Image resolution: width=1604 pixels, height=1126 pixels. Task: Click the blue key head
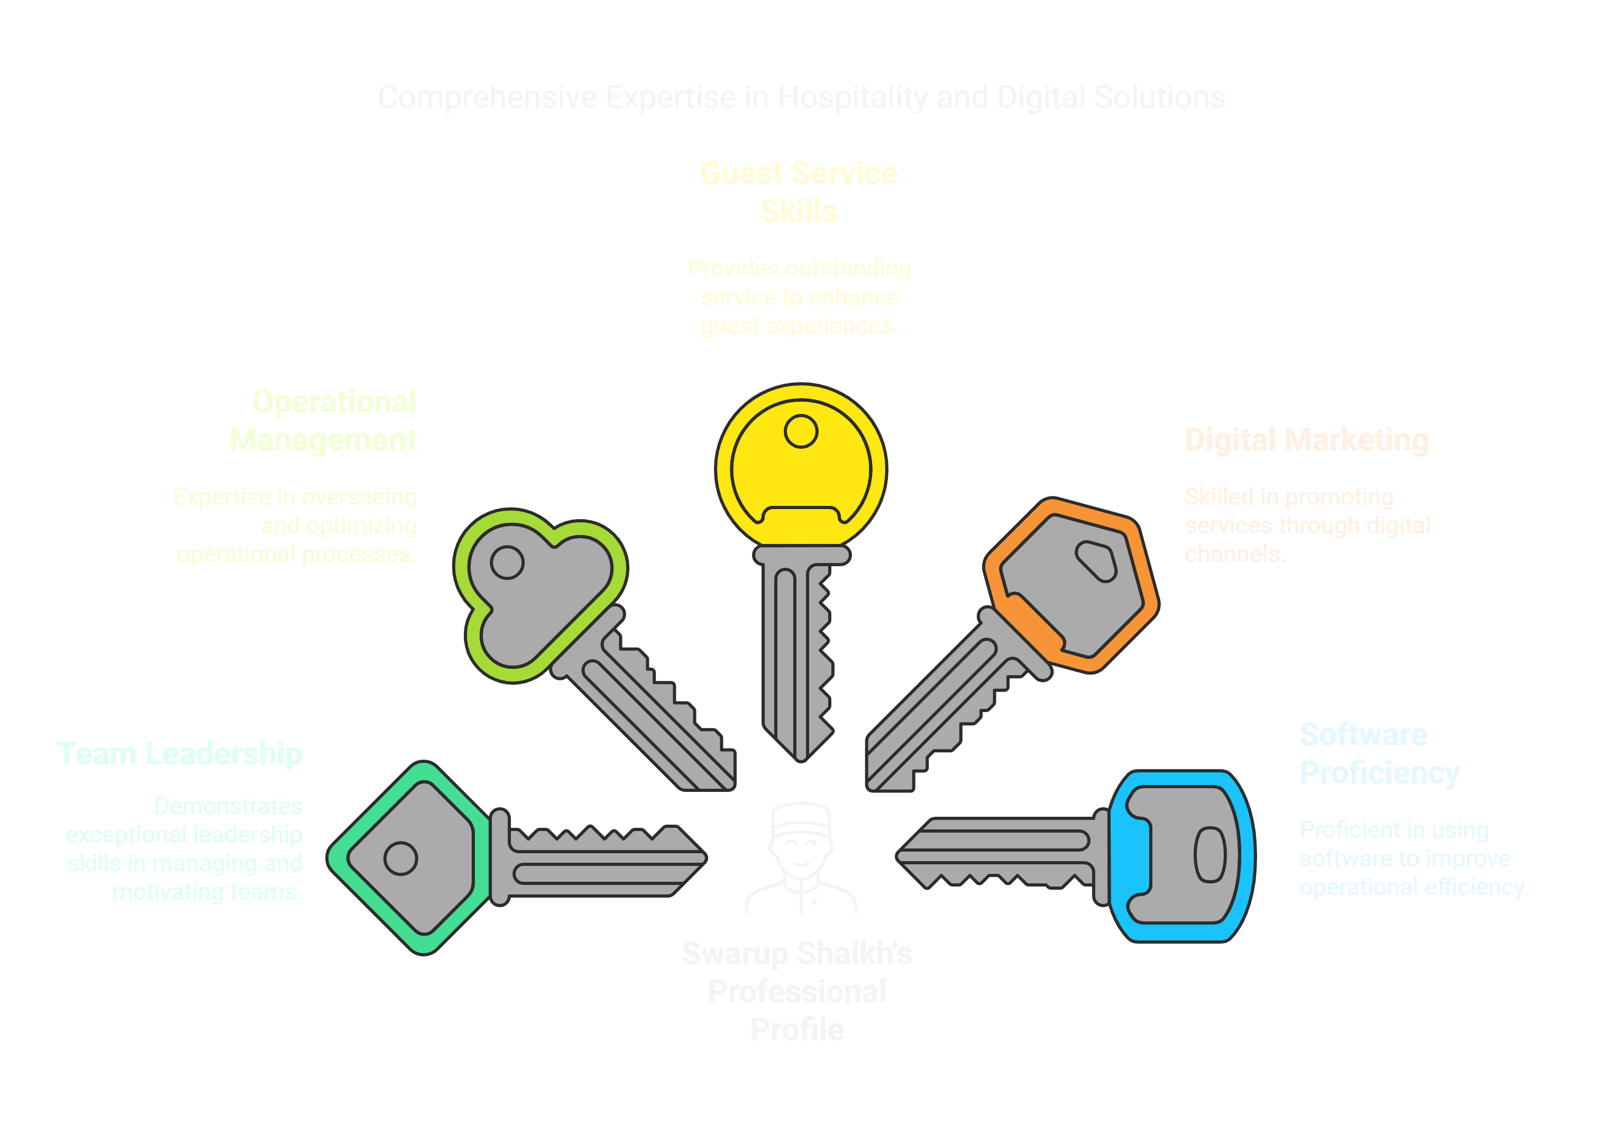1180,856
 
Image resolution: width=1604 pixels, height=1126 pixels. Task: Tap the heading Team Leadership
179,754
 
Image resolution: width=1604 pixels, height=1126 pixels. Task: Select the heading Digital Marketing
1306,440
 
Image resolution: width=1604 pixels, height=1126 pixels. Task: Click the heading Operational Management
324,420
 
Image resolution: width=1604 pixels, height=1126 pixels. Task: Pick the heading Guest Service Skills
799,192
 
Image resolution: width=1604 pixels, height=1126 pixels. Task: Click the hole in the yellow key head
801,431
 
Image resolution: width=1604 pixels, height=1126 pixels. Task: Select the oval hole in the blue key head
1210,855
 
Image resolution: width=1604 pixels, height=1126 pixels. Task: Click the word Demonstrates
228,806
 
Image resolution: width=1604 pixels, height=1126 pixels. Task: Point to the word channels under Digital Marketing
1234,554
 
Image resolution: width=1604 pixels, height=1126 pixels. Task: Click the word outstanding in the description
848,269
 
